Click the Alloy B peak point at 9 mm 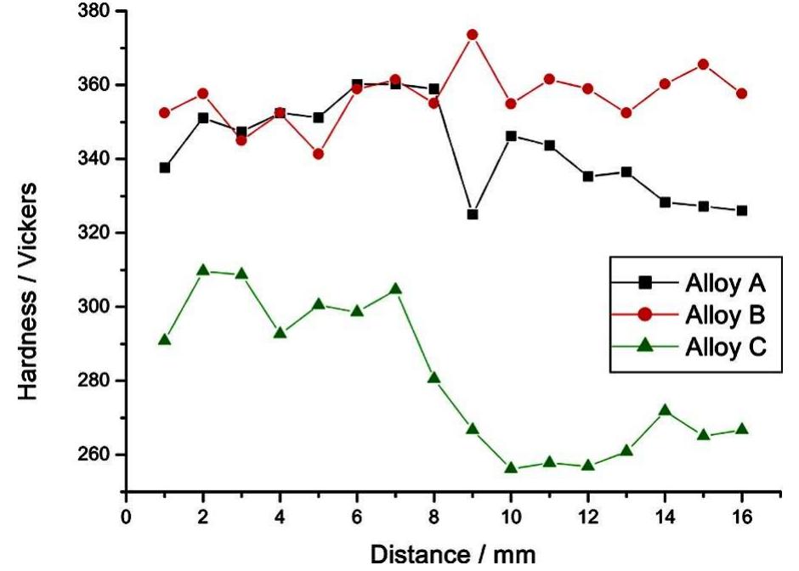click(473, 35)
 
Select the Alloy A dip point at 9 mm click(473, 214)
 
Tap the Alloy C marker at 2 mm click(203, 269)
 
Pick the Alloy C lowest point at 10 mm click(511, 467)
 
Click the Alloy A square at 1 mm click(165, 167)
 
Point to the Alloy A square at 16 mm click(742, 211)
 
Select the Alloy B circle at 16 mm click(742, 93)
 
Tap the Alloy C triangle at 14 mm click(665, 410)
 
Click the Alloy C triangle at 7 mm click(395, 289)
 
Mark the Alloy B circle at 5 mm click(318, 154)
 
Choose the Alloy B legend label click(725, 314)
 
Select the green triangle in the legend click(645, 345)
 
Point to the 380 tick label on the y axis click(95, 11)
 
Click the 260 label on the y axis click(95, 455)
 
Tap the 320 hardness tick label click(95, 233)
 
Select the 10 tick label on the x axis click(511, 517)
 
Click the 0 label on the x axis click(126, 517)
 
